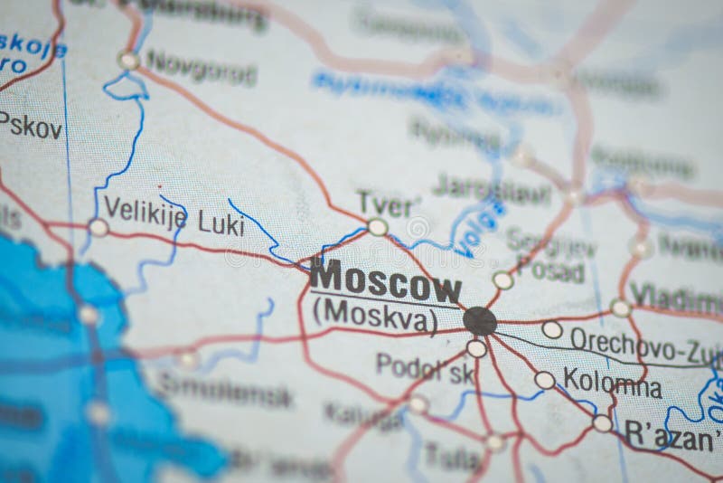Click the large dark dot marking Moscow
tap(480, 320)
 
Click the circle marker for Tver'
tap(378, 227)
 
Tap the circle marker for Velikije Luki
tap(98, 228)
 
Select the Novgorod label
tap(201, 67)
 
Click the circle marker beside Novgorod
tap(128, 61)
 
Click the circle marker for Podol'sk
tap(476, 348)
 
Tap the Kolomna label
tap(612, 382)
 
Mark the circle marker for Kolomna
tap(544, 381)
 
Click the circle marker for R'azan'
tap(602, 422)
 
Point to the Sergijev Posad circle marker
tap(503, 280)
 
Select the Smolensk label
tap(226, 393)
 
